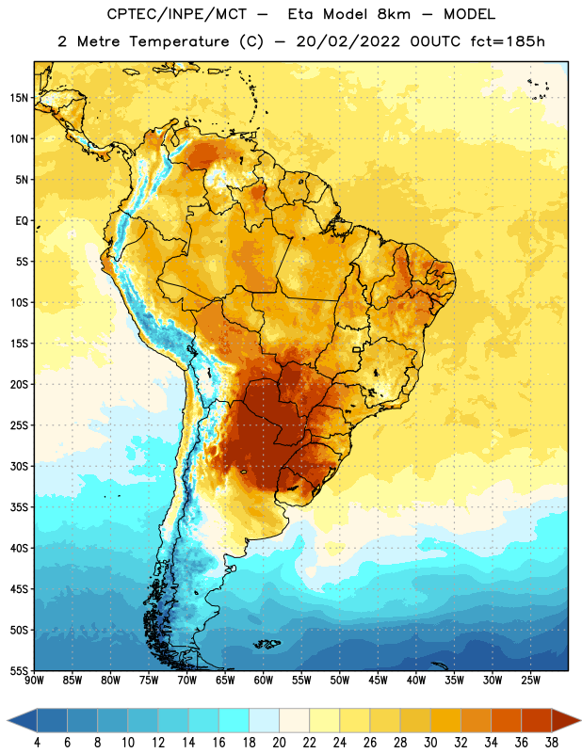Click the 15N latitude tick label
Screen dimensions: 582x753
pos(19,98)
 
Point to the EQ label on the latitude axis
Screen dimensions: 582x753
pos(22,221)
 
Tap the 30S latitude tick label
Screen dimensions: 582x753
pos(19,467)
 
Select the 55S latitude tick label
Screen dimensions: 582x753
pos(19,671)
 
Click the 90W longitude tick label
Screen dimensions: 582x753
pos(34,680)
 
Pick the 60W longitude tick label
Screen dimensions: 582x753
pos(264,680)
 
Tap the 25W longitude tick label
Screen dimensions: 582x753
pos(530,680)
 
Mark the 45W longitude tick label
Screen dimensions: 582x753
pos(378,680)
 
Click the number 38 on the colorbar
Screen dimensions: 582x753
pos(552,743)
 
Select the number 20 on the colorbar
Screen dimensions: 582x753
pos(279,743)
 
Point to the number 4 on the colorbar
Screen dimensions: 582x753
pos(37,743)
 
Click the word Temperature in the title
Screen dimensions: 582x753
pos(179,41)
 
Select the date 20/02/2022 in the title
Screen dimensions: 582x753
pos(348,41)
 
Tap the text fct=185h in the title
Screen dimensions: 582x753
pos(507,41)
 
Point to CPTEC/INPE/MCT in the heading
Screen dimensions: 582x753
pos(177,14)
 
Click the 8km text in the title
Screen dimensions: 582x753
pos(394,14)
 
